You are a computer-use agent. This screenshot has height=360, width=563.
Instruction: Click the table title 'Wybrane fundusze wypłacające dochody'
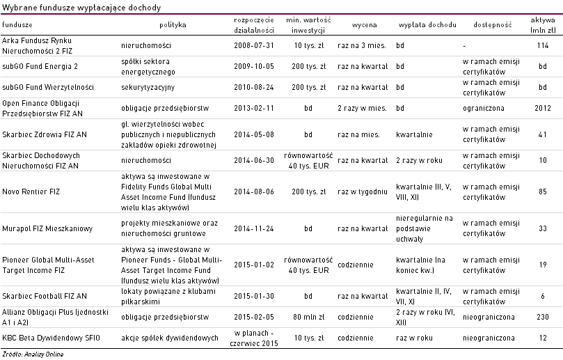tap(81, 7)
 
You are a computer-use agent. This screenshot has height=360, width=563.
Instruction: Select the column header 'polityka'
tap(173, 24)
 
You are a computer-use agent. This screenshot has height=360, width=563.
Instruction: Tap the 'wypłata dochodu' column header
tap(427, 24)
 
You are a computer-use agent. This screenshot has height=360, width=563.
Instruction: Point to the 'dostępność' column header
tap(492, 24)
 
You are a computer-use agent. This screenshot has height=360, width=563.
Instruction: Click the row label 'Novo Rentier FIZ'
tap(31, 191)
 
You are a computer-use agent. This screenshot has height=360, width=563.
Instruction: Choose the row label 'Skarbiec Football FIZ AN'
tap(45, 296)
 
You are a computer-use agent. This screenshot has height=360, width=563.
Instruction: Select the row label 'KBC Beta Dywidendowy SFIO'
tap(51, 338)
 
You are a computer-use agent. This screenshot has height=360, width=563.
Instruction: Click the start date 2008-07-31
tap(254, 45)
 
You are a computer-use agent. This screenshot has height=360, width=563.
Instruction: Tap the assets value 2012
tap(543, 108)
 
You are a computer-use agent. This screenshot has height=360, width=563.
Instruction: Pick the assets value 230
tap(543, 317)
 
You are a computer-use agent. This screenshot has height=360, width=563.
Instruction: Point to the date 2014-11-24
tap(254, 228)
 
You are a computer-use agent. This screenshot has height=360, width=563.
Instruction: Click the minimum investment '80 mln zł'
tap(308, 317)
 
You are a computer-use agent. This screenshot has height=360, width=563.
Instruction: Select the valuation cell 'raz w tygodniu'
tap(363, 191)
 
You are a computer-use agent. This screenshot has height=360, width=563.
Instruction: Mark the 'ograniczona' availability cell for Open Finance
tap(483, 108)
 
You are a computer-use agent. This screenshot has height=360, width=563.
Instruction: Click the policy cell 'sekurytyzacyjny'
tap(148, 87)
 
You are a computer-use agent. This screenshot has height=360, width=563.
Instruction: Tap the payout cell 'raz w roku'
tap(414, 338)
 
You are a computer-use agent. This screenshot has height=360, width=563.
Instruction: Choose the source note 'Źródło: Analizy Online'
tap(33, 354)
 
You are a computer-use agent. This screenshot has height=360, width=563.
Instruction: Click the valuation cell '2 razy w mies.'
tap(362, 108)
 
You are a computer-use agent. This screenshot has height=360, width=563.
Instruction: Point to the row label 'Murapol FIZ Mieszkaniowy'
tap(47, 228)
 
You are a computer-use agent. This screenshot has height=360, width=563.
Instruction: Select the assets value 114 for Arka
tap(543, 45)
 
